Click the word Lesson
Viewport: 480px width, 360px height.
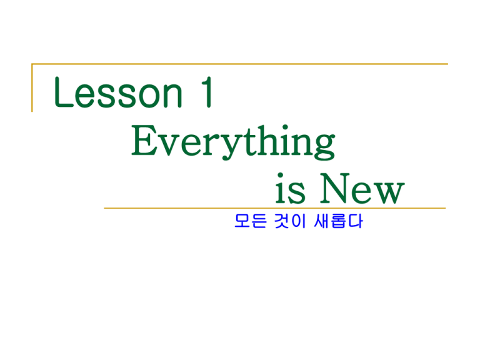pos(118,92)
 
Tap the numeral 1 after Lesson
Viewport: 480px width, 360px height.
pos(207,92)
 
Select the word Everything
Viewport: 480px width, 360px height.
pos(233,142)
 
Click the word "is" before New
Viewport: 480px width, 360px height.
pos(290,189)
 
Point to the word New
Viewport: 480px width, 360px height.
pos(362,189)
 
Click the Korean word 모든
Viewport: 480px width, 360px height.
pos(251,221)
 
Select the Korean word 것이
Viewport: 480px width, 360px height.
pos(290,221)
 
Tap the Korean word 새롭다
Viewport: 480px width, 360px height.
pos(338,221)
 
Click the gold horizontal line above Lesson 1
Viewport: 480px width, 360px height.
pos(240,64)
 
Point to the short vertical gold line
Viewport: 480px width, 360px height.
pos(32,88)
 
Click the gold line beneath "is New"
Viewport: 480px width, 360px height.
pos(275,208)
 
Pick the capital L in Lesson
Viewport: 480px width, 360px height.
pos(64,92)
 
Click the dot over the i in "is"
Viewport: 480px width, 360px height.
pos(280,176)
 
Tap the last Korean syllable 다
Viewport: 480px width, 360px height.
pos(356,221)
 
